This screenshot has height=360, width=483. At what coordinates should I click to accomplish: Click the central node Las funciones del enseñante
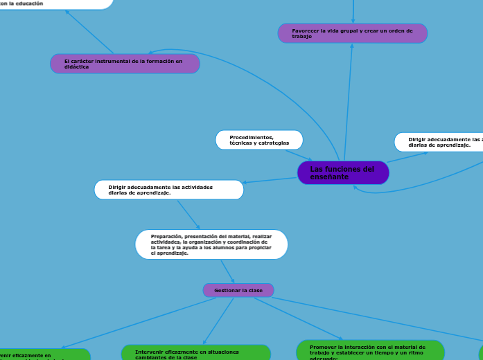click(343, 173)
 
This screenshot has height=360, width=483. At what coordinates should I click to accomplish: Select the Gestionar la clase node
click(238, 290)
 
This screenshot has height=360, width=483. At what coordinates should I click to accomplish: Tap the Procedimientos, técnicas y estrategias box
click(259, 140)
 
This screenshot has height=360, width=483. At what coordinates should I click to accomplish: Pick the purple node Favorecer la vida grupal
click(352, 33)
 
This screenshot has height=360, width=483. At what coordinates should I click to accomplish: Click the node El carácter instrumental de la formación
click(125, 64)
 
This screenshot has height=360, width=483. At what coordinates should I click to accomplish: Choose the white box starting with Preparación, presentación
click(211, 244)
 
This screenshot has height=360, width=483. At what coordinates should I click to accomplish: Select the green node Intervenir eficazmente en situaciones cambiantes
click(195, 354)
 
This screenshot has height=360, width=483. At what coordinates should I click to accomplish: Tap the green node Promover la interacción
click(370, 351)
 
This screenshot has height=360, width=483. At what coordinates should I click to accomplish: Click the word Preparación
click(166, 236)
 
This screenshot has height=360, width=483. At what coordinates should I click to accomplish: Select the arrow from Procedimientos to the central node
click(299, 156)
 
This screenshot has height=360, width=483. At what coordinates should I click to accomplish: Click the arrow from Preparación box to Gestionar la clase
click(227, 271)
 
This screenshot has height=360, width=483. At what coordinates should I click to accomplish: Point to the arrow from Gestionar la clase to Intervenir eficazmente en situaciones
click(218, 321)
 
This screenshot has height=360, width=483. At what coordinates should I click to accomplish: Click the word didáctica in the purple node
click(76, 66)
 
